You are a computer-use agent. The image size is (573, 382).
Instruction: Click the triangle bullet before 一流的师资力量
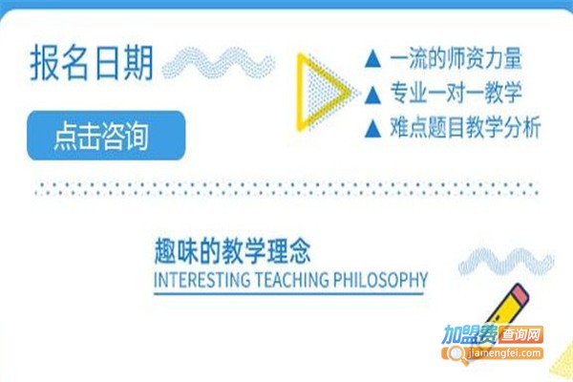tap(373, 60)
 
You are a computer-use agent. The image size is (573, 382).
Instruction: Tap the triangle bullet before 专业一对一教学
tap(373, 94)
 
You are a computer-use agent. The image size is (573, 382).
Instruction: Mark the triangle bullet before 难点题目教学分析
tap(373, 128)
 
